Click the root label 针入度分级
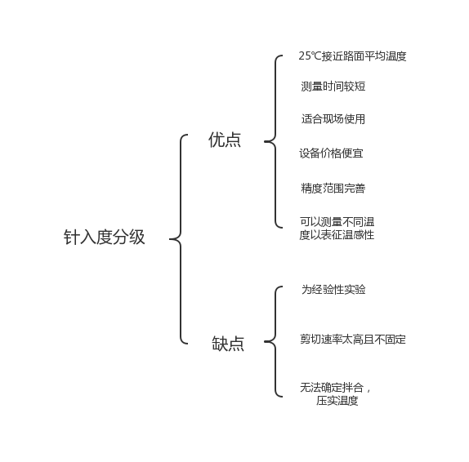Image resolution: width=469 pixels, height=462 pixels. point(104,237)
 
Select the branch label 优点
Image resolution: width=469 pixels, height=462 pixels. point(225,140)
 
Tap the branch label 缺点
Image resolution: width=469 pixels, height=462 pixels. point(228,343)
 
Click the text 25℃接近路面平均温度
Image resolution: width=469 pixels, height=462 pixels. point(352,56)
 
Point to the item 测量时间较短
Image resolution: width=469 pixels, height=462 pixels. point(333,86)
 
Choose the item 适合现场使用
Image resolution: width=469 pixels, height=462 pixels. point(333,118)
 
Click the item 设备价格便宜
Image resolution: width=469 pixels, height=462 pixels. point(331,153)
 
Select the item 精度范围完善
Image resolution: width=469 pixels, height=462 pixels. point(333,188)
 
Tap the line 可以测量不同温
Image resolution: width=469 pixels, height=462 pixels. point(337,222)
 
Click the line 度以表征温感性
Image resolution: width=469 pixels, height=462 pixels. point(337,234)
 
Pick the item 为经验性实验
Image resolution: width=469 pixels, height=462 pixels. point(333,289)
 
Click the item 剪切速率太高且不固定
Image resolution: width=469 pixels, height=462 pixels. point(353,340)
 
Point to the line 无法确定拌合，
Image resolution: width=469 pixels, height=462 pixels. point(335,388)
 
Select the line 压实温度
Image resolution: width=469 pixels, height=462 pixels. point(337,401)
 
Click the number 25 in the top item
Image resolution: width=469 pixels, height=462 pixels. point(305,56)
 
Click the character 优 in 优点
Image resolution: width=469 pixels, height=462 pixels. point(217,140)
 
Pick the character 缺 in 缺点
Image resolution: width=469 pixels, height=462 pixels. point(220,343)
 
